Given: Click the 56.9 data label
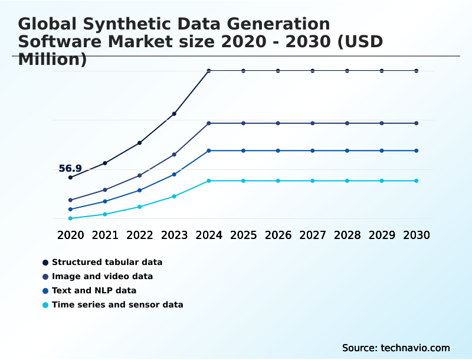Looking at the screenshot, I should pos(70,169).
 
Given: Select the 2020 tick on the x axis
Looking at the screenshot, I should pos(70,235).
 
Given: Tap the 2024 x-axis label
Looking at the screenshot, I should pos(209,235).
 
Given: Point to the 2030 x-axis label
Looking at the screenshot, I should pos(417,235).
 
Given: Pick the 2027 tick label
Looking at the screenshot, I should pos(313,235).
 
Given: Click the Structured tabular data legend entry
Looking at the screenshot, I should pos(107,262).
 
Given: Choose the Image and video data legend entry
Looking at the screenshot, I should pos(102,276).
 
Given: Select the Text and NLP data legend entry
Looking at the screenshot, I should pos(94,290).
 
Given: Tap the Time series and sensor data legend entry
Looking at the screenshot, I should pos(117,305).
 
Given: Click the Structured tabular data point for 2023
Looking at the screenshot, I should pos(174,113).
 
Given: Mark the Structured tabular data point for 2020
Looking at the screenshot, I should pos(70,177).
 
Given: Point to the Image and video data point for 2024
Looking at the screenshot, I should pos(209,123).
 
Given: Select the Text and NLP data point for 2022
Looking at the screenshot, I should pos(140,190).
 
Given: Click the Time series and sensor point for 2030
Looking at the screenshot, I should pos(417,181).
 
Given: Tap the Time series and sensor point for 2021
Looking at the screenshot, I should pos(105,214).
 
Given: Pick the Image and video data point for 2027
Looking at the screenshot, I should pos(313,123).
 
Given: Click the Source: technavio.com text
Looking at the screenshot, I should pos(396,348).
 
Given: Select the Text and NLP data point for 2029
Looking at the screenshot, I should pos(382,150).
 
